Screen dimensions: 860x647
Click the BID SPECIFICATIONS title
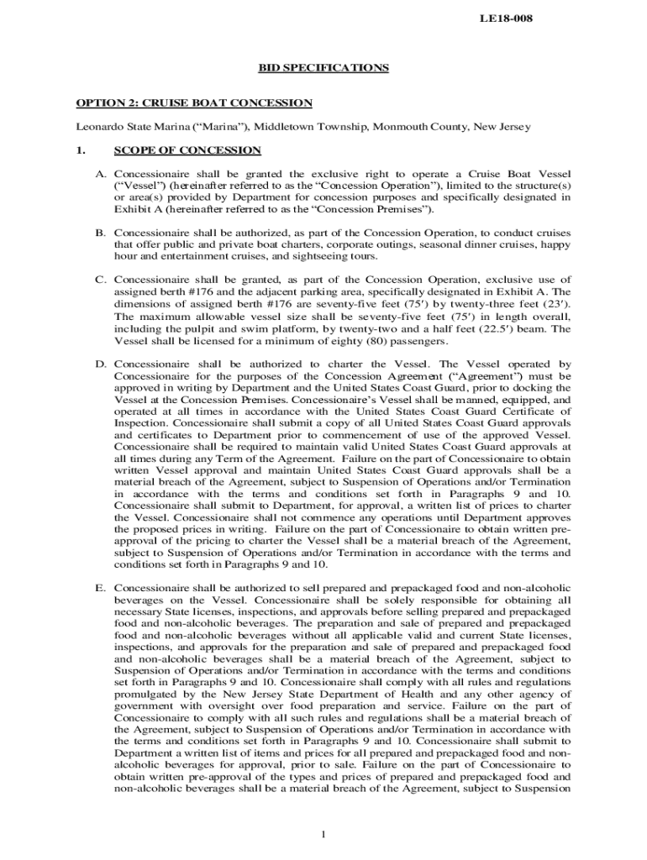323,68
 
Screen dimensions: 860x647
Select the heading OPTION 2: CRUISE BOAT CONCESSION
194,103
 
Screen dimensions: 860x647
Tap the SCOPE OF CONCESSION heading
187,150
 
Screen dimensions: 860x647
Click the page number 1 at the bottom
323,834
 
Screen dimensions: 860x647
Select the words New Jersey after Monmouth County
502,127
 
